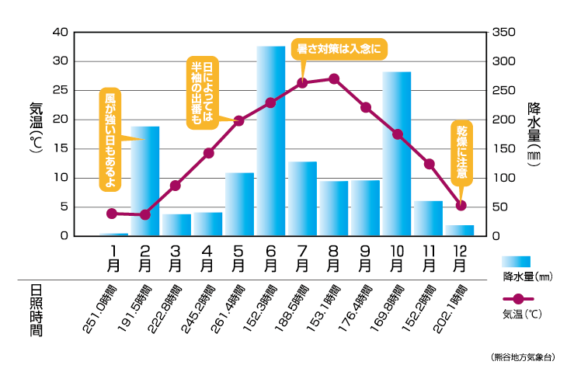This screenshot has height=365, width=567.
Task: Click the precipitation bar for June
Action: coord(271,141)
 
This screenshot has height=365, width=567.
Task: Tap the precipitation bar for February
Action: coord(145,180)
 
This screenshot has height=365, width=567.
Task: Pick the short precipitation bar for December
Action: coord(460,230)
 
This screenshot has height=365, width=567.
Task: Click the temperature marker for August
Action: coord(334,78)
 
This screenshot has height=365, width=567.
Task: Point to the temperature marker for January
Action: coord(113,214)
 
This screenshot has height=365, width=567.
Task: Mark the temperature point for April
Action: coord(208,153)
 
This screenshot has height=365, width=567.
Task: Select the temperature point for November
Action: coord(430,164)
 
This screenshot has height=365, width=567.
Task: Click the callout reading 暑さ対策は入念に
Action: coord(339,48)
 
